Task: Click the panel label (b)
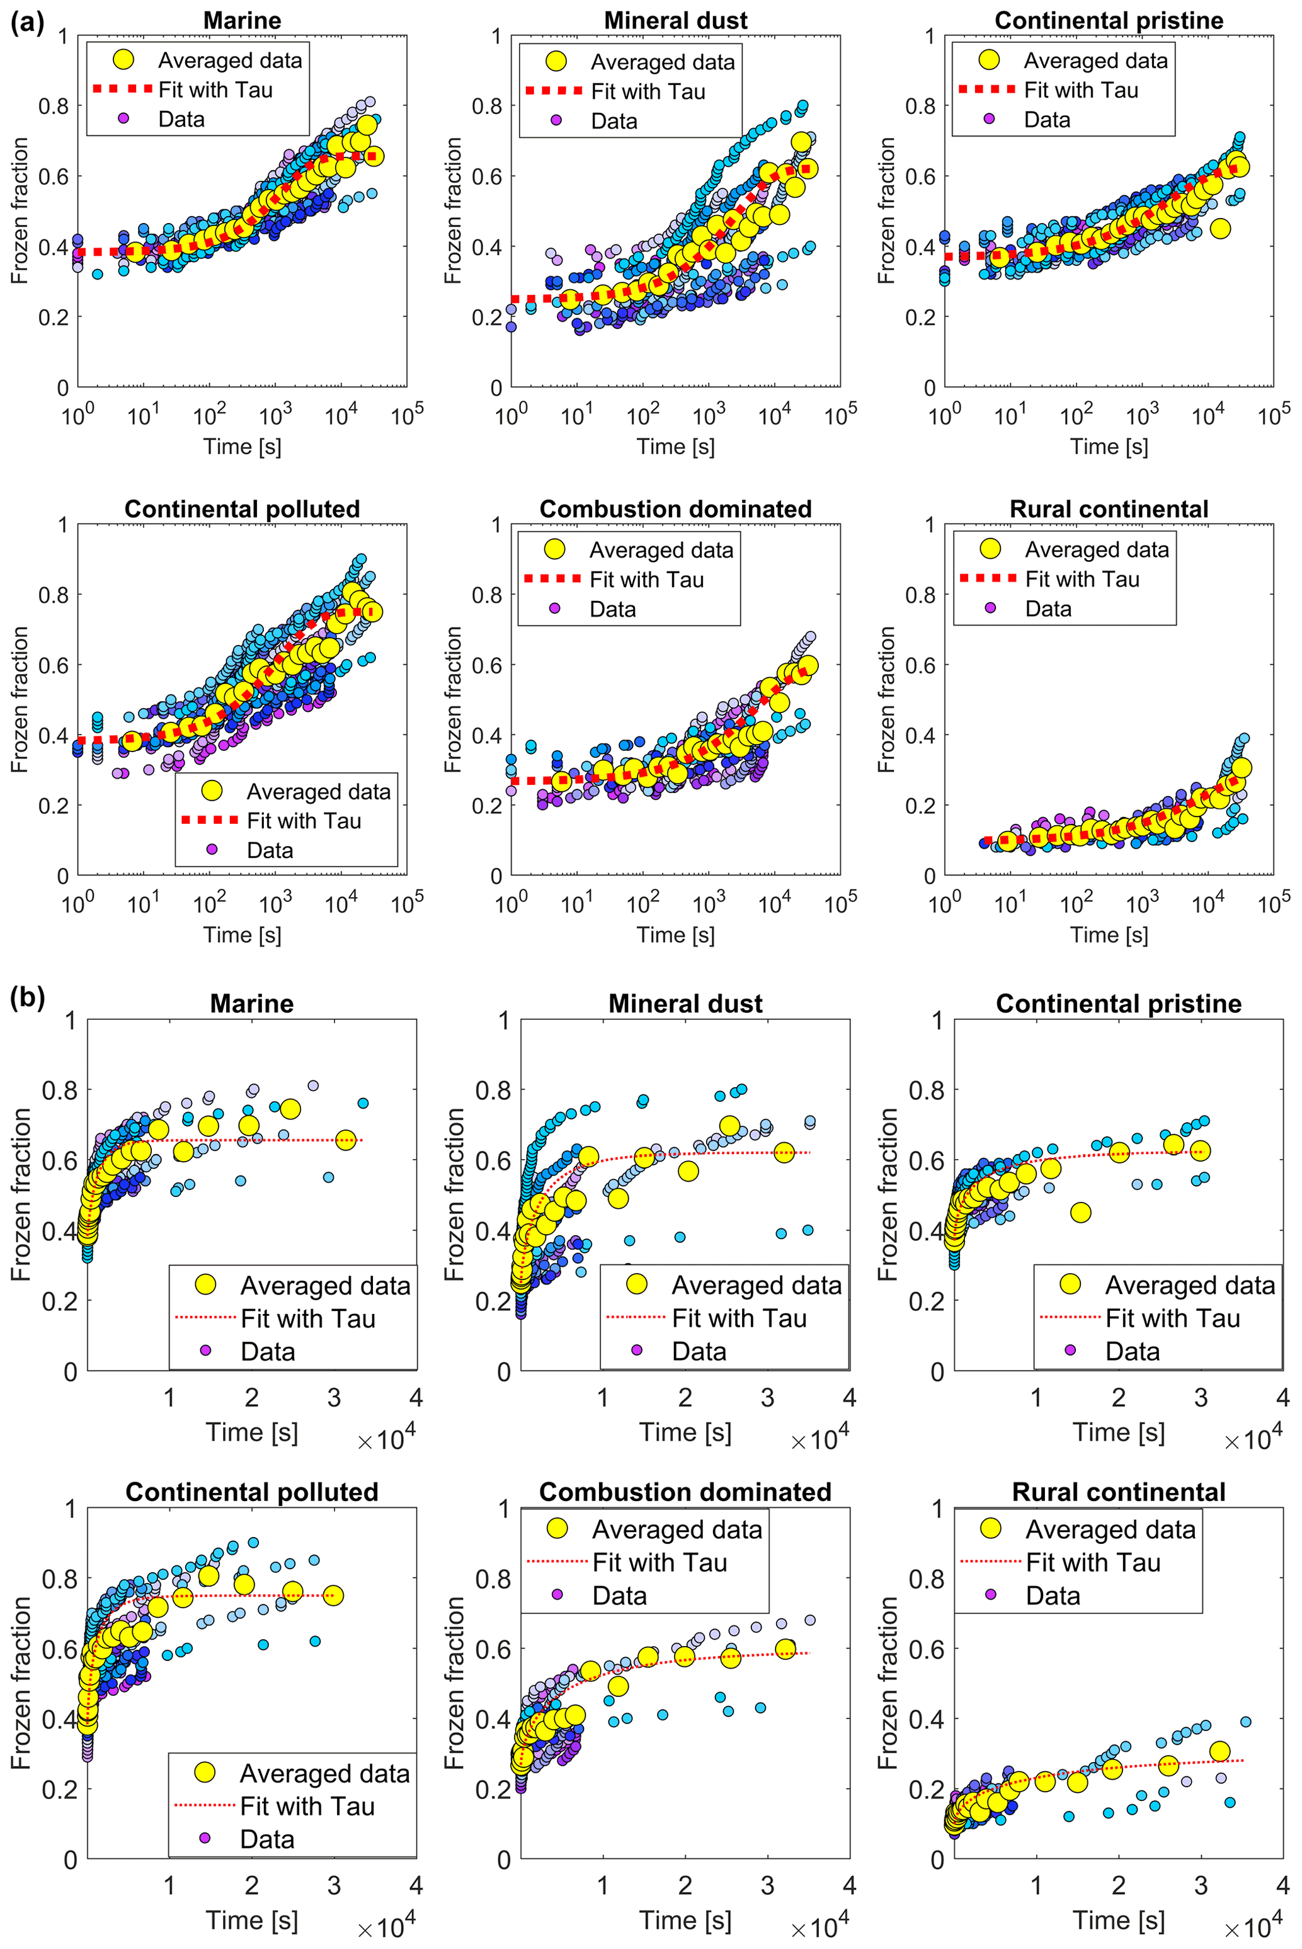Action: (x=28, y=997)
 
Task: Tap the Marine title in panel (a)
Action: (x=242, y=21)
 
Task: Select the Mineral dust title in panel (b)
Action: (x=685, y=1004)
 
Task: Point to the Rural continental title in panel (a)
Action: (x=1109, y=509)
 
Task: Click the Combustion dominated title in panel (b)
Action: (x=685, y=1492)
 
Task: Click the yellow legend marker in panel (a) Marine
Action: (x=123, y=60)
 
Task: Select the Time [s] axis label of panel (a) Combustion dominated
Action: (x=676, y=935)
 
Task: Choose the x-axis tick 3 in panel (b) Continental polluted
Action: (x=334, y=1886)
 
